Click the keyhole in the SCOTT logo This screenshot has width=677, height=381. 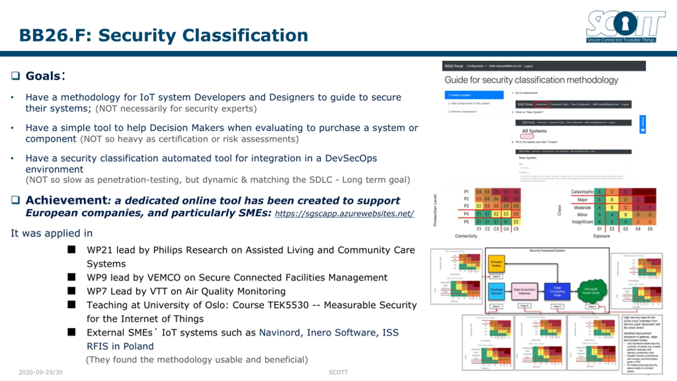[625, 24]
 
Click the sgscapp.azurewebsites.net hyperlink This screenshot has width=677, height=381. [344, 214]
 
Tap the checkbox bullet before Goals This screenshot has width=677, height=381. [15, 76]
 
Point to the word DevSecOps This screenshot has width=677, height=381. [351, 158]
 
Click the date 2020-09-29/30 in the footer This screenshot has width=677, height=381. [40, 372]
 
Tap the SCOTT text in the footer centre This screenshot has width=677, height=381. [338, 372]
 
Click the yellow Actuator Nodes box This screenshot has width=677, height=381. [496, 264]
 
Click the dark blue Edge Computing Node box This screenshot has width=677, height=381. [557, 291]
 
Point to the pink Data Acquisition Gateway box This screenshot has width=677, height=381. [524, 291]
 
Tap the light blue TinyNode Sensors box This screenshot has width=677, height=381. [496, 291]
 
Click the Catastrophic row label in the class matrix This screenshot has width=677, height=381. [582, 192]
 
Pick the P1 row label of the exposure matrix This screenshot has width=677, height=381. [466, 192]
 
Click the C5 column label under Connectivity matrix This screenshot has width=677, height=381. [516, 229]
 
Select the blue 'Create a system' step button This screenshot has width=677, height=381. [474, 95]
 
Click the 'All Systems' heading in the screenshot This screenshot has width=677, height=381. [534, 131]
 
